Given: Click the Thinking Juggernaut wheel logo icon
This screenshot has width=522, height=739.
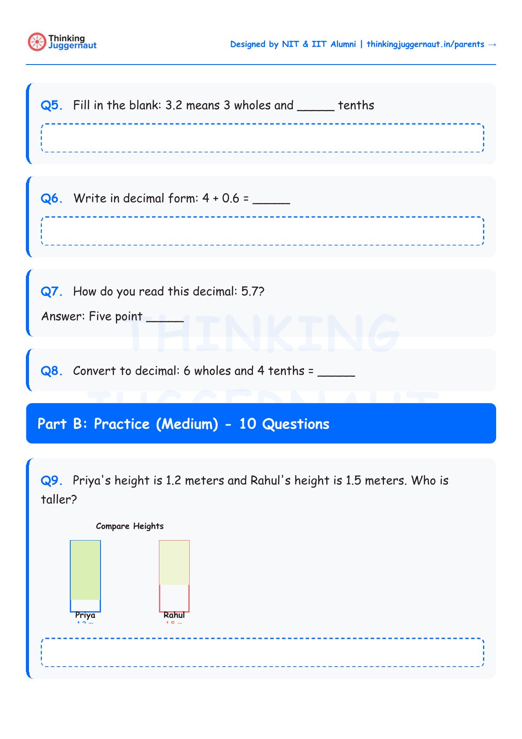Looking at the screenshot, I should tap(37, 42).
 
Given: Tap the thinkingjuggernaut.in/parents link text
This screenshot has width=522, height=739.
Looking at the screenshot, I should tap(425, 44).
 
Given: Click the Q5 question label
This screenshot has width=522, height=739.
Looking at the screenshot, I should tap(51, 105).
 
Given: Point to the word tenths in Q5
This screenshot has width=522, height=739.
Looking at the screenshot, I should tap(356, 105).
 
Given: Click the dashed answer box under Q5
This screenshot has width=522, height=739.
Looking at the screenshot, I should tap(263, 138).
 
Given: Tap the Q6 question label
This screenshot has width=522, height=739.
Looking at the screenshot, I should tap(51, 198).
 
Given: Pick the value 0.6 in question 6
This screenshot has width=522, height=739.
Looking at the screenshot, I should tap(230, 198).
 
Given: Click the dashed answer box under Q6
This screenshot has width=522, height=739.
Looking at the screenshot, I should tap(263, 231).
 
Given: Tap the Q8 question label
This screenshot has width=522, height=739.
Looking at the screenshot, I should tap(51, 371).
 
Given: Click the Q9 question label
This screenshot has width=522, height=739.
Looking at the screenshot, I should tap(51, 480).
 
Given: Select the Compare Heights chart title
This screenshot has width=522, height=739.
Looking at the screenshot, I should tap(130, 526).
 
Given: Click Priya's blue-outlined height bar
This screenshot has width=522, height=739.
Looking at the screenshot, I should tap(85, 576).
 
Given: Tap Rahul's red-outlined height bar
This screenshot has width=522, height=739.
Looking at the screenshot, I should tap(174, 576).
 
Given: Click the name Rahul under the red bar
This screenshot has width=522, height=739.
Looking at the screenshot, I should tap(174, 615).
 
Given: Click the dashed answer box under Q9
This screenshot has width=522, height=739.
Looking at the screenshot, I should tap(263, 652).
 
